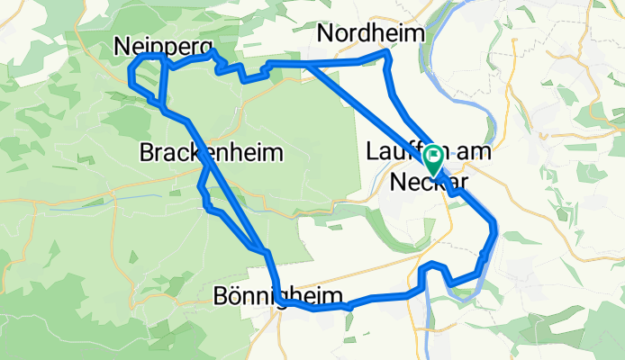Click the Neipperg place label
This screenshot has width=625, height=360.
pos(163,45)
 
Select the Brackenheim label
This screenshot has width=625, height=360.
pos(212,153)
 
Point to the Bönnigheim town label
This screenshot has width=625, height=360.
pos(279,296)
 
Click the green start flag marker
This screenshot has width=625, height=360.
pos(433,160)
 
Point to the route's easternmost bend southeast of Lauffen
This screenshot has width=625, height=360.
pos(495,223)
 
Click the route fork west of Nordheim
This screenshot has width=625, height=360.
pos(308,64)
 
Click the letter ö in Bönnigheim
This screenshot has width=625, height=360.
pos(234,296)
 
